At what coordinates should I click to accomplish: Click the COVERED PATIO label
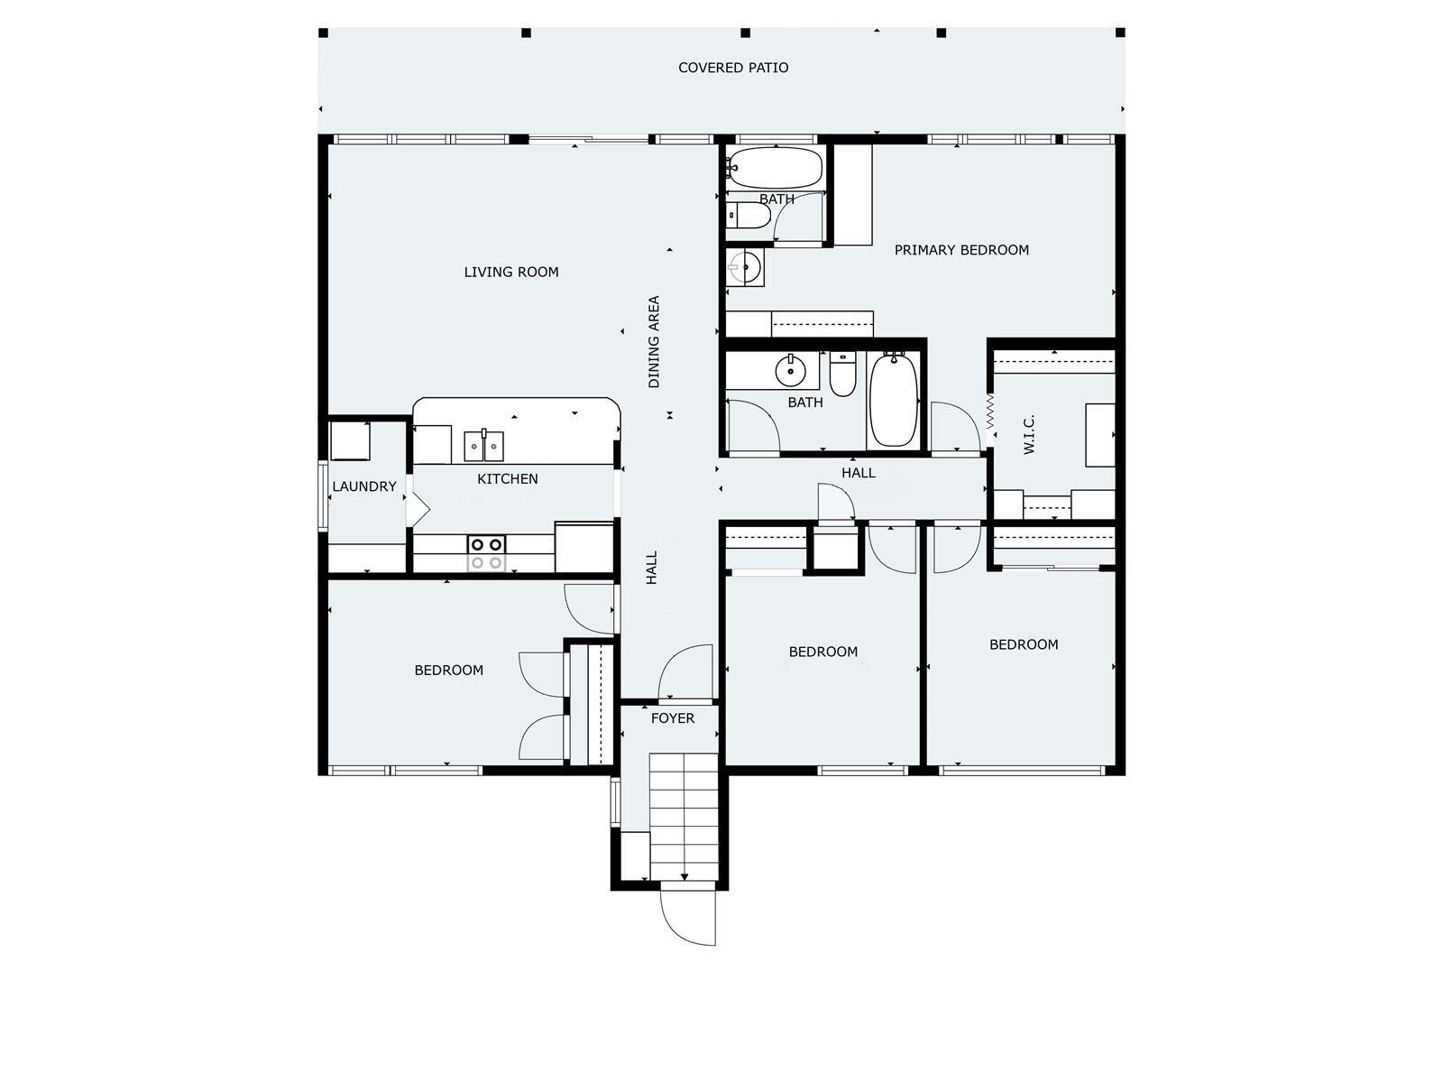[x=733, y=68]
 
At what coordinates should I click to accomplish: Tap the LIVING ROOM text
[x=510, y=273]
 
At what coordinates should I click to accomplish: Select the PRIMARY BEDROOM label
[x=961, y=250]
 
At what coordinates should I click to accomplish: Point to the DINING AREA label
[x=654, y=342]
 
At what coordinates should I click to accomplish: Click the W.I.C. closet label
[x=1029, y=434]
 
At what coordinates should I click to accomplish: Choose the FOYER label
[x=673, y=718]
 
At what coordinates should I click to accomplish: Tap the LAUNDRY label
[x=364, y=486]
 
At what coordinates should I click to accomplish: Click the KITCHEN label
[x=507, y=478]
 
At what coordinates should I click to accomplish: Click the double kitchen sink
[x=483, y=446]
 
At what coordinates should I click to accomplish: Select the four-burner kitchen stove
[x=486, y=553]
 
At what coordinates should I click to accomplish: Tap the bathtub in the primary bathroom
[x=775, y=168]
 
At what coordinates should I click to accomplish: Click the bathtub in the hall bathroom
[x=894, y=399]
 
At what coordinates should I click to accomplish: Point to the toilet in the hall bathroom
[x=842, y=374]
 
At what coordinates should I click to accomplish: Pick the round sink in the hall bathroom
[x=790, y=371]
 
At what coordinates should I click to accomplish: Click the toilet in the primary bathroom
[x=749, y=216]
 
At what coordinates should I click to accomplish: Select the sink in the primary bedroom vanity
[x=745, y=267]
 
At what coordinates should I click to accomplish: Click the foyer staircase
[x=683, y=817]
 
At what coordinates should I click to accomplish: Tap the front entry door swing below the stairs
[x=687, y=918]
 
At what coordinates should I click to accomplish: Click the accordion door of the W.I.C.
[x=990, y=412]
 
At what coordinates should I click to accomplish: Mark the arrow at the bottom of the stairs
[x=685, y=876]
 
